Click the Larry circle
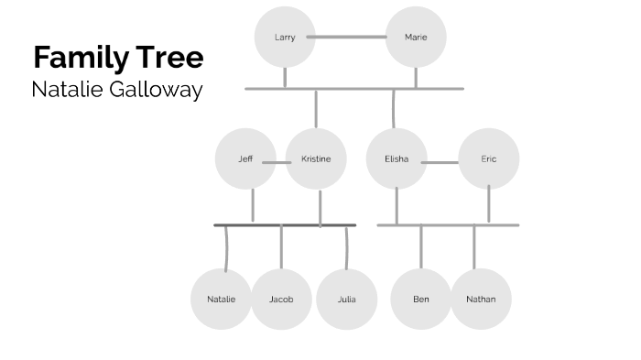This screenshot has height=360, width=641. point(284,38)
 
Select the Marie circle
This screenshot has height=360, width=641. point(416,38)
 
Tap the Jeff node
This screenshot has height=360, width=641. point(245,158)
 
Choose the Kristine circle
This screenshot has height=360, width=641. point(316,158)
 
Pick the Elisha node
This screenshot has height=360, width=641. point(396,158)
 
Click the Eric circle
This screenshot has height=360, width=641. point(489,158)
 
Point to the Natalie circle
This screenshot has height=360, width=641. point(221,299)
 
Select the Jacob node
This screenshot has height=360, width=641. point(281,299)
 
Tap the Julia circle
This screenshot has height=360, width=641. point(346,299)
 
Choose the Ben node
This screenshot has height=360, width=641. point(421,299)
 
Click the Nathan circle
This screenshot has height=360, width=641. point(481,299)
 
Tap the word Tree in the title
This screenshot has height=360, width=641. point(172,58)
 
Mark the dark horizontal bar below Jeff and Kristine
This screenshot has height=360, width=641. point(285,224)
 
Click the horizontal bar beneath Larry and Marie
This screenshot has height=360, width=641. point(353,89)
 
